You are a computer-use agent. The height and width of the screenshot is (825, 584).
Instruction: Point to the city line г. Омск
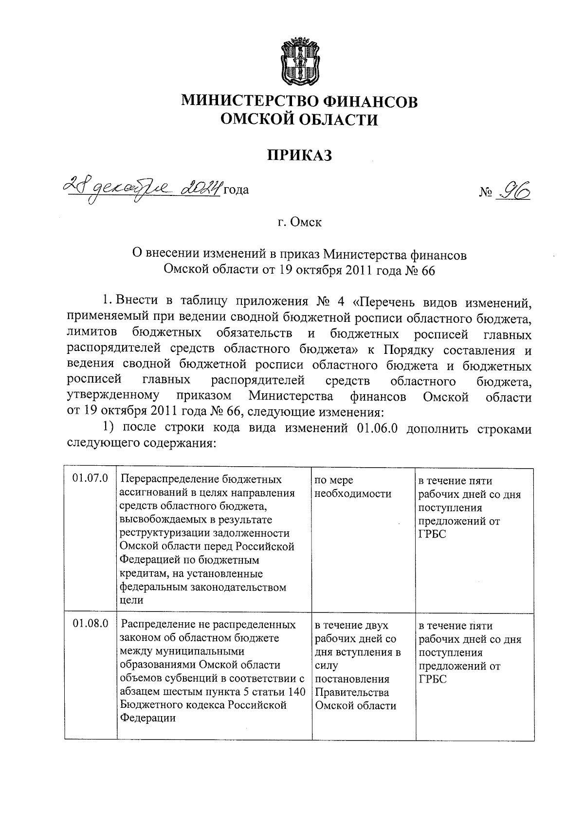(x=299, y=222)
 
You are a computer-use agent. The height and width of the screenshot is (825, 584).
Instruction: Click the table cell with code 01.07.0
(x=91, y=479)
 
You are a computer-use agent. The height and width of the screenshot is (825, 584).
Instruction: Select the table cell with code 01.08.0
(x=91, y=624)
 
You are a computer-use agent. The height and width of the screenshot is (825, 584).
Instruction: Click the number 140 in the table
(x=296, y=692)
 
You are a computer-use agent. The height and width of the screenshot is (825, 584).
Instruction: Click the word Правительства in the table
(x=352, y=692)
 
